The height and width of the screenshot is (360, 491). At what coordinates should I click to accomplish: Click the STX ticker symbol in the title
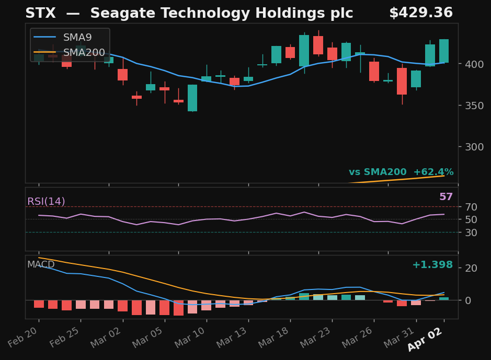[x=40, y=14]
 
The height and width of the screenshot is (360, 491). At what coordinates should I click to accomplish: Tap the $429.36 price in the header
[x=420, y=14]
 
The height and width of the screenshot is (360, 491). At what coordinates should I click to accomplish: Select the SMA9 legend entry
[x=77, y=38]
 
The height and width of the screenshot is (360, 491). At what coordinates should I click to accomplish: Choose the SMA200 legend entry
[x=84, y=53]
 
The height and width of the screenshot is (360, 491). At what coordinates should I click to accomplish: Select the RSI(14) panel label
[x=46, y=202]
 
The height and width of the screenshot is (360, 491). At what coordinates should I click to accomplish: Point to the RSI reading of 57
[x=446, y=197]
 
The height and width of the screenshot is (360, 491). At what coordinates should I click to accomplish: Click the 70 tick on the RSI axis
[x=470, y=207]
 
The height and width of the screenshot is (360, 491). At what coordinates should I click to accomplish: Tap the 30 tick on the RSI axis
[x=470, y=233]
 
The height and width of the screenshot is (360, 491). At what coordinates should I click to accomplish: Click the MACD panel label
[x=41, y=265]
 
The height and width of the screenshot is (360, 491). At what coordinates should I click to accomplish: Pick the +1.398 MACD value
[x=432, y=265]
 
